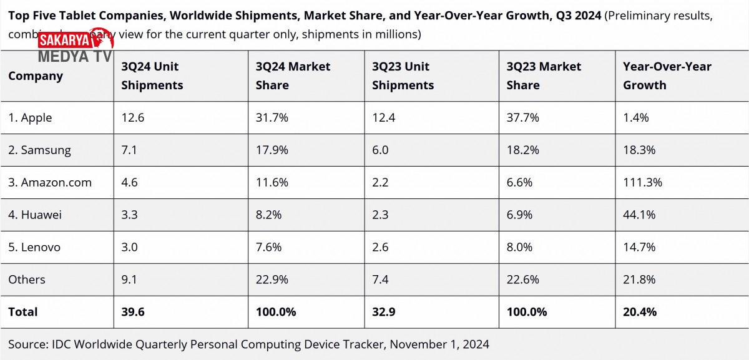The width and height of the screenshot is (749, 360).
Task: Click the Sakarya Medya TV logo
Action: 76,48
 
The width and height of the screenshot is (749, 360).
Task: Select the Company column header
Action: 36,76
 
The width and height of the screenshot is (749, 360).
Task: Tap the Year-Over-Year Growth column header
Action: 667,75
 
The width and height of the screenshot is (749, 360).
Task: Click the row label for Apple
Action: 30,118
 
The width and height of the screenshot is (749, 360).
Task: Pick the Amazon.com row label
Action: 50,183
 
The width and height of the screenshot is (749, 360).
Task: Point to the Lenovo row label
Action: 34,247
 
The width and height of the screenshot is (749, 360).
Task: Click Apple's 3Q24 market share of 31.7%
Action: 272,118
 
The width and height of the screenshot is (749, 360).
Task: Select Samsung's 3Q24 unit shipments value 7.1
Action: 129,150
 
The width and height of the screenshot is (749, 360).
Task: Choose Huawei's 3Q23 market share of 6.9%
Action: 519,215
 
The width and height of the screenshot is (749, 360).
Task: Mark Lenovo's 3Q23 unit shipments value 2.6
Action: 380,247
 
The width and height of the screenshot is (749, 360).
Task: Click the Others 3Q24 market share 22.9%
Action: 272,280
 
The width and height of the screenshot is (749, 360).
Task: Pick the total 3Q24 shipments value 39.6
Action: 132,312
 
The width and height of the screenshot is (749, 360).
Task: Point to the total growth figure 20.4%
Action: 640,312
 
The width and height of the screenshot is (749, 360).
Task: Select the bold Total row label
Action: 23,312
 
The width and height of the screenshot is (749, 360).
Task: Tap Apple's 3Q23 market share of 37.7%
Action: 523,118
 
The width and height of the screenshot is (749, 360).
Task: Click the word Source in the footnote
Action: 27,344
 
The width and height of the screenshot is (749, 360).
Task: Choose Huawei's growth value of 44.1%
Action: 639,215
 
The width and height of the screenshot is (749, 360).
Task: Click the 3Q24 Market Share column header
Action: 293,75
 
